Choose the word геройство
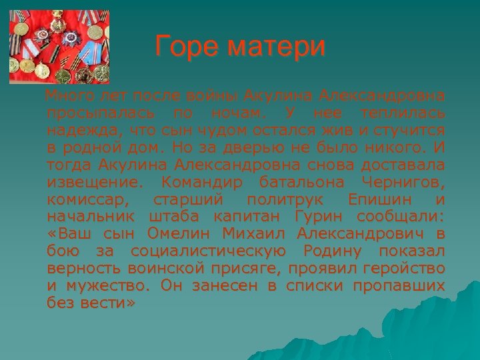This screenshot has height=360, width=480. (x=404, y=269)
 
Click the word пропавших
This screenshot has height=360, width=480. (x=407, y=286)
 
